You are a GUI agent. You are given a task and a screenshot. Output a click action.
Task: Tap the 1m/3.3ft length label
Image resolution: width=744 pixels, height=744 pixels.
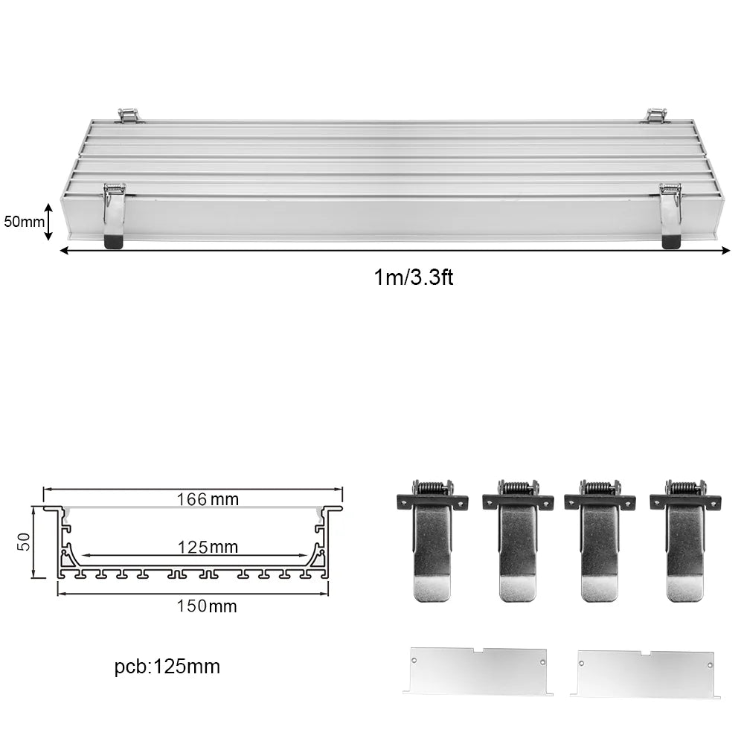413,278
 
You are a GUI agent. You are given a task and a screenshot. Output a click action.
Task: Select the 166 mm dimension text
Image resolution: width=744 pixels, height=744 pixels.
208,499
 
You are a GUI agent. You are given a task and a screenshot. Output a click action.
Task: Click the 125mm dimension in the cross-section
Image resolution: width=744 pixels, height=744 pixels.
208,548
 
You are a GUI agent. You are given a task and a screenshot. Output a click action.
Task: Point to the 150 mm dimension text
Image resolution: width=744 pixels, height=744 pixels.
206,606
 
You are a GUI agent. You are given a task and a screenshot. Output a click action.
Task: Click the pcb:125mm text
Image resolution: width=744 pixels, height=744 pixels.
167,667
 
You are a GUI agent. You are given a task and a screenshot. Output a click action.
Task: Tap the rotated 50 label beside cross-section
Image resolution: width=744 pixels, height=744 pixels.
24,542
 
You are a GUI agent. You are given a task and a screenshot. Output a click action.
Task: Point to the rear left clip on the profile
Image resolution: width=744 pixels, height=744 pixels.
129,115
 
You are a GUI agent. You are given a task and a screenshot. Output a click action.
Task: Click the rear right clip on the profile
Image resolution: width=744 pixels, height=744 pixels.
655,115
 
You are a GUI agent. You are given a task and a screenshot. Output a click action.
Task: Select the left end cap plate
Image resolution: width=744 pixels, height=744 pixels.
478,670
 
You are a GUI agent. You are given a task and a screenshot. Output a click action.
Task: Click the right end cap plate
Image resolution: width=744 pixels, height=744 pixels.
645,673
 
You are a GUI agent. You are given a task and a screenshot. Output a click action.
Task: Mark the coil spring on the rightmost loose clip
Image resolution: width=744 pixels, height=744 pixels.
685,488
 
